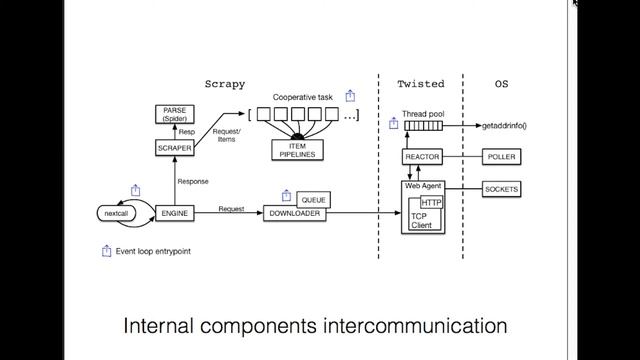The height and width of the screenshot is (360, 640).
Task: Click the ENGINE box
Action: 174,213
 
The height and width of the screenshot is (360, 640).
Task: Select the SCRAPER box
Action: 174,148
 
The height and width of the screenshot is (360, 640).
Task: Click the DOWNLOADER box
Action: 296,213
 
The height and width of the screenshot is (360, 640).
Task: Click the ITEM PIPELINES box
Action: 296,149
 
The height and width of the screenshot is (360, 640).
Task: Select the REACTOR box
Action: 422,158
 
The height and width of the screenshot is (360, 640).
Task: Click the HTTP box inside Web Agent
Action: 432,204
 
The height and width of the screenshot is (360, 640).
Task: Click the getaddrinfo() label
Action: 504,126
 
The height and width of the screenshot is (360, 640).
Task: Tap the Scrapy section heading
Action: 224,84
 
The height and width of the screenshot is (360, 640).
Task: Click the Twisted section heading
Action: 420,84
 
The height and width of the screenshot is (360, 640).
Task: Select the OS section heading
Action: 501,84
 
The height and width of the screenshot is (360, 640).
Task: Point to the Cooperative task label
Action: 303,97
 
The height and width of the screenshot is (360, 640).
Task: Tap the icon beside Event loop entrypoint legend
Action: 107,251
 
